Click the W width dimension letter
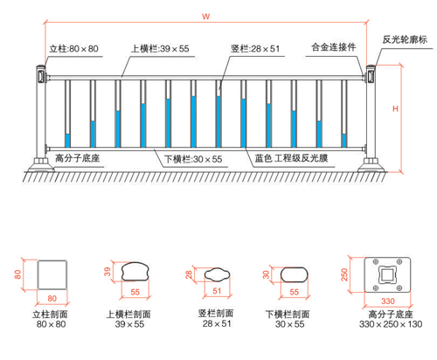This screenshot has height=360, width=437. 205,17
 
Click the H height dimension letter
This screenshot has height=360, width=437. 395,109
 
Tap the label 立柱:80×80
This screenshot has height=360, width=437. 73,49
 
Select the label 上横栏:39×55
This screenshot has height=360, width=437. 160,49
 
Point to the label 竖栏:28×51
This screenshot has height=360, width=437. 255,49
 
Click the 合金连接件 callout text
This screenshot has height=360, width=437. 334,47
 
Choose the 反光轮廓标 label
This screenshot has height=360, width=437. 405,39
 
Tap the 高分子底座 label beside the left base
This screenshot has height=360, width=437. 78,158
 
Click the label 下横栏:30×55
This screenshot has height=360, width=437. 193,159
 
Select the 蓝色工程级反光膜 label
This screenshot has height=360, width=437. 291,158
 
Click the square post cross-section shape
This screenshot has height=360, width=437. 52,275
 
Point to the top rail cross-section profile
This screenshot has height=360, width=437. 135,272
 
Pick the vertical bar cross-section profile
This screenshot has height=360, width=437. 218,274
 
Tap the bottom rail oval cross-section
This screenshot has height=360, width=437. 295,274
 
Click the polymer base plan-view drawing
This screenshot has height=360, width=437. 387,274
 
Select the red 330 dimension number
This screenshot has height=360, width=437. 388,301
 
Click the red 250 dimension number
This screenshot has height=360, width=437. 344,274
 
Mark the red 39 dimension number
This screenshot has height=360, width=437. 108,272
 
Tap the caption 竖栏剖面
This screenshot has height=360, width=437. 216,314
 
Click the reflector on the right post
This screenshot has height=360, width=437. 371,75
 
